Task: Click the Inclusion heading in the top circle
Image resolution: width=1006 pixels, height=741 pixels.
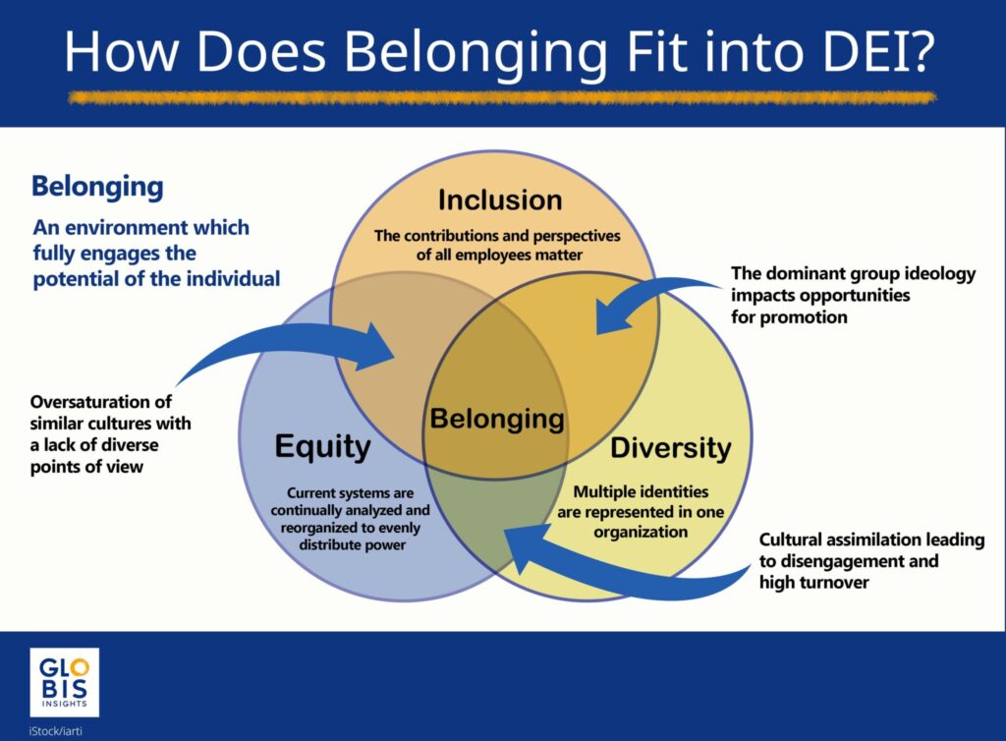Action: (x=500, y=199)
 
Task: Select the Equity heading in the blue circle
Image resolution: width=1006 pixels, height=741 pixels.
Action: (x=322, y=446)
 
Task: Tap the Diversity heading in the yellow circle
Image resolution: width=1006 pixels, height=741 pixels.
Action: (x=670, y=448)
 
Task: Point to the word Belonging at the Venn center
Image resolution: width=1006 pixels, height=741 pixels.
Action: (x=497, y=420)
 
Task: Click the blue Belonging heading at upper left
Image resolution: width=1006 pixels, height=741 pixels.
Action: (x=97, y=188)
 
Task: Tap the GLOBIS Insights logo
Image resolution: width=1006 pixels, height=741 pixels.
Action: (x=64, y=682)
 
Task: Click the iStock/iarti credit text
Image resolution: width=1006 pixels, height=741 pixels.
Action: (x=56, y=731)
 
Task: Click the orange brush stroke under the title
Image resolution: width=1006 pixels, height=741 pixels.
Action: (x=502, y=97)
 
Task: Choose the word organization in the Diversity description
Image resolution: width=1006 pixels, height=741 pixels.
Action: (x=641, y=532)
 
